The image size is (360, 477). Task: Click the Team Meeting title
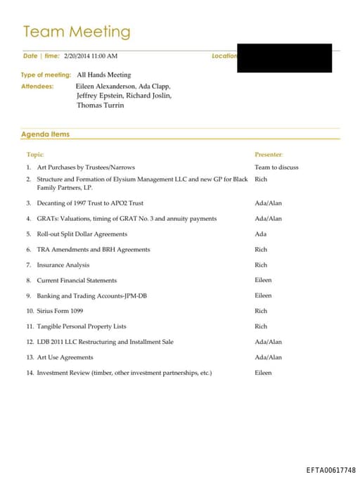77,32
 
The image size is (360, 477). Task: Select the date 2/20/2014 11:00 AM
91,56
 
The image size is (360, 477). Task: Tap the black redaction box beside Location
285,58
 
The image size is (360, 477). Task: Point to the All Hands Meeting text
104,75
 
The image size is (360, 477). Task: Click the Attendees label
37,86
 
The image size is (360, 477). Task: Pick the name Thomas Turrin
101,106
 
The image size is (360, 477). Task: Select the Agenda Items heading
46,134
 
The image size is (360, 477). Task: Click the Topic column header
35,154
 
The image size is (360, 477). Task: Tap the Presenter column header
269,154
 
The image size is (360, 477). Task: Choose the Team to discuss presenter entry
276,167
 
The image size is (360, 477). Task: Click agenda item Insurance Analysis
63,265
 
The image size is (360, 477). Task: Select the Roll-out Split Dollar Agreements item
82,234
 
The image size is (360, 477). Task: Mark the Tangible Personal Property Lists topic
82,326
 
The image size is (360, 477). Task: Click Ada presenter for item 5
261,234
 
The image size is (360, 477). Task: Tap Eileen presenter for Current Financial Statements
263,281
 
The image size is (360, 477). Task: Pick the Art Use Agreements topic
65,357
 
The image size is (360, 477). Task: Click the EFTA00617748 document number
330,470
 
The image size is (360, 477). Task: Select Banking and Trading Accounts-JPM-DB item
91,296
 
